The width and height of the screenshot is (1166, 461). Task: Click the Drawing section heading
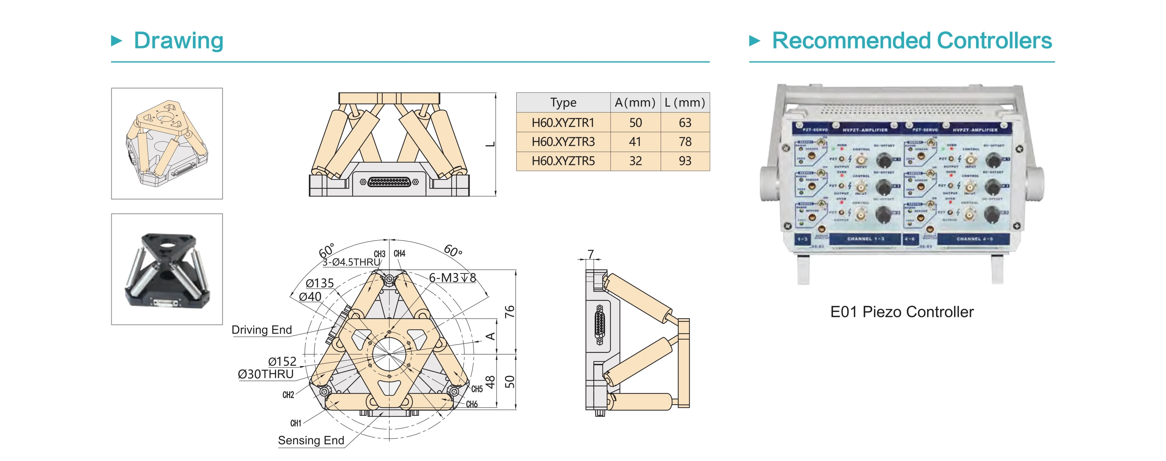coord(178,41)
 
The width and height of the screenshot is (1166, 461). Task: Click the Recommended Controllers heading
coord(912,41)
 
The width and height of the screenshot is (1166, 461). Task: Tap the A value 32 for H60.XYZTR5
coord(635,161)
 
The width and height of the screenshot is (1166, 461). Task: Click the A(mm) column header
coord(635,103)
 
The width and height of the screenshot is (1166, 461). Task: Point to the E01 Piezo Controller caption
coord(902,312)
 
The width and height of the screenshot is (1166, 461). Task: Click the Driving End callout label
coord(262,330)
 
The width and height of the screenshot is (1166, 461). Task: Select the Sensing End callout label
coord(311,440)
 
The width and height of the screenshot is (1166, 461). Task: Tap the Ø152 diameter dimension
coord(282,362)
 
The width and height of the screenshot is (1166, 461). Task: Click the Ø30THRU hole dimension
coord(266,374)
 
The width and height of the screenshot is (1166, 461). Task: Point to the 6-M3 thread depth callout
coord(452,278)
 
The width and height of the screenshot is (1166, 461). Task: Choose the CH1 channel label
coord(296,423)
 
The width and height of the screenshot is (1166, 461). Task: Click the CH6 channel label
coord(472,404)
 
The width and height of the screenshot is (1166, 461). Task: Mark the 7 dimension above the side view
coord(590,254)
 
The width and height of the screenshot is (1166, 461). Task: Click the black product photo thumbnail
coord(167,269)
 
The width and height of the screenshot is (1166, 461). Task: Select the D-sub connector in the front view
coord(389,182)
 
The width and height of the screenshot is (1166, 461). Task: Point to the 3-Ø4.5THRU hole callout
coord(351,262)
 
